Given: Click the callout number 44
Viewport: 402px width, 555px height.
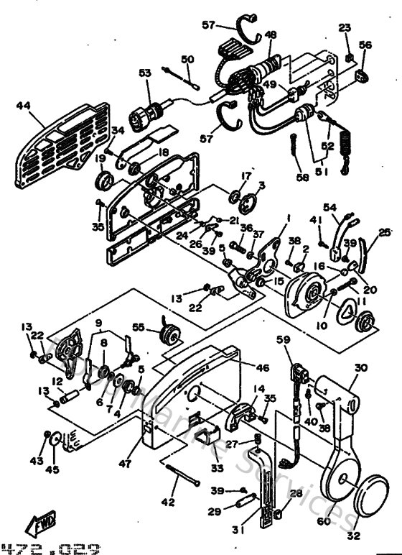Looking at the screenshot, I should [x=23, y=106].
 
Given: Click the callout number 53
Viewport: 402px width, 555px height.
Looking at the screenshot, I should [x=146, y=73].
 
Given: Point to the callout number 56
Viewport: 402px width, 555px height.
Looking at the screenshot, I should [x=365, y=45].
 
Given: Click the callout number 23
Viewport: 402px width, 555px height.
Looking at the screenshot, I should [x=345, y=27].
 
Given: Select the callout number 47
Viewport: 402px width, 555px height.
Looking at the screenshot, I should [x=126, y=464].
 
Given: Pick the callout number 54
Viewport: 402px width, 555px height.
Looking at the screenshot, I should [x=329, y=207].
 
